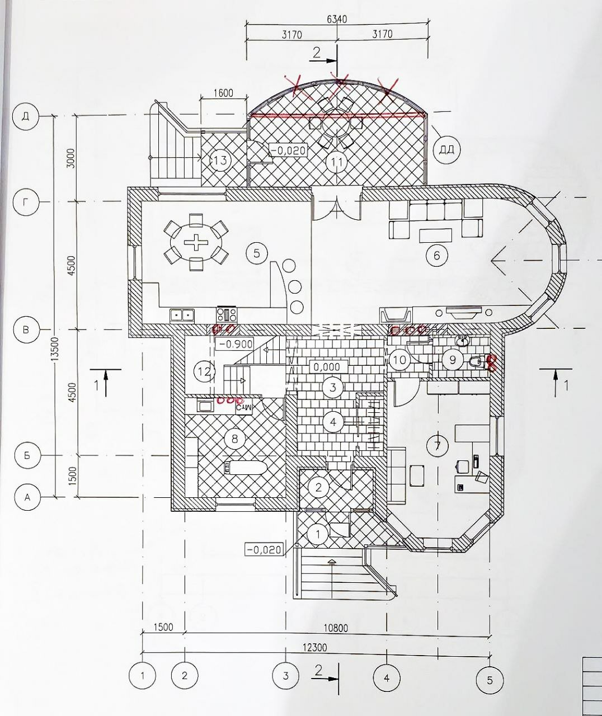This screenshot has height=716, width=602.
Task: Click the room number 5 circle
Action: (x=257, y=253)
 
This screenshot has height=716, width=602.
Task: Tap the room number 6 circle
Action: (x=436, y=255)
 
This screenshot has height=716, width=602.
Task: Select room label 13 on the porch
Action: (x=221, y=160)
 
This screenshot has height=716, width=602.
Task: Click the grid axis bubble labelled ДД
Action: (x=446, y=150)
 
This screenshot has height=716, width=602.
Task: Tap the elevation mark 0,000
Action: (x=327, y=366)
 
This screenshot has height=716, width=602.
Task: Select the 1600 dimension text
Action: (x=223, y=93)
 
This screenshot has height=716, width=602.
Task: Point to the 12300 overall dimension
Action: (x=314, y=647)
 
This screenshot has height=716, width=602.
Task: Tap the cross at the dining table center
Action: (x=196, y=242)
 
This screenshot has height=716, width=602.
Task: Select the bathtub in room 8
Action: (x=246, y=468)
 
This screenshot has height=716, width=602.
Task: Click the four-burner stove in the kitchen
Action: (x=227, y=314)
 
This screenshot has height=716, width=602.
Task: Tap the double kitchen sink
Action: (x=182, y=315)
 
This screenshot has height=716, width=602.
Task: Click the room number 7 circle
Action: (x=437, y=446)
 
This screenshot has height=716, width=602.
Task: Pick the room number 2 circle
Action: (x=319, y=487)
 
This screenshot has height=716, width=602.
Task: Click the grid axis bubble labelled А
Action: (x=28, y=497)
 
